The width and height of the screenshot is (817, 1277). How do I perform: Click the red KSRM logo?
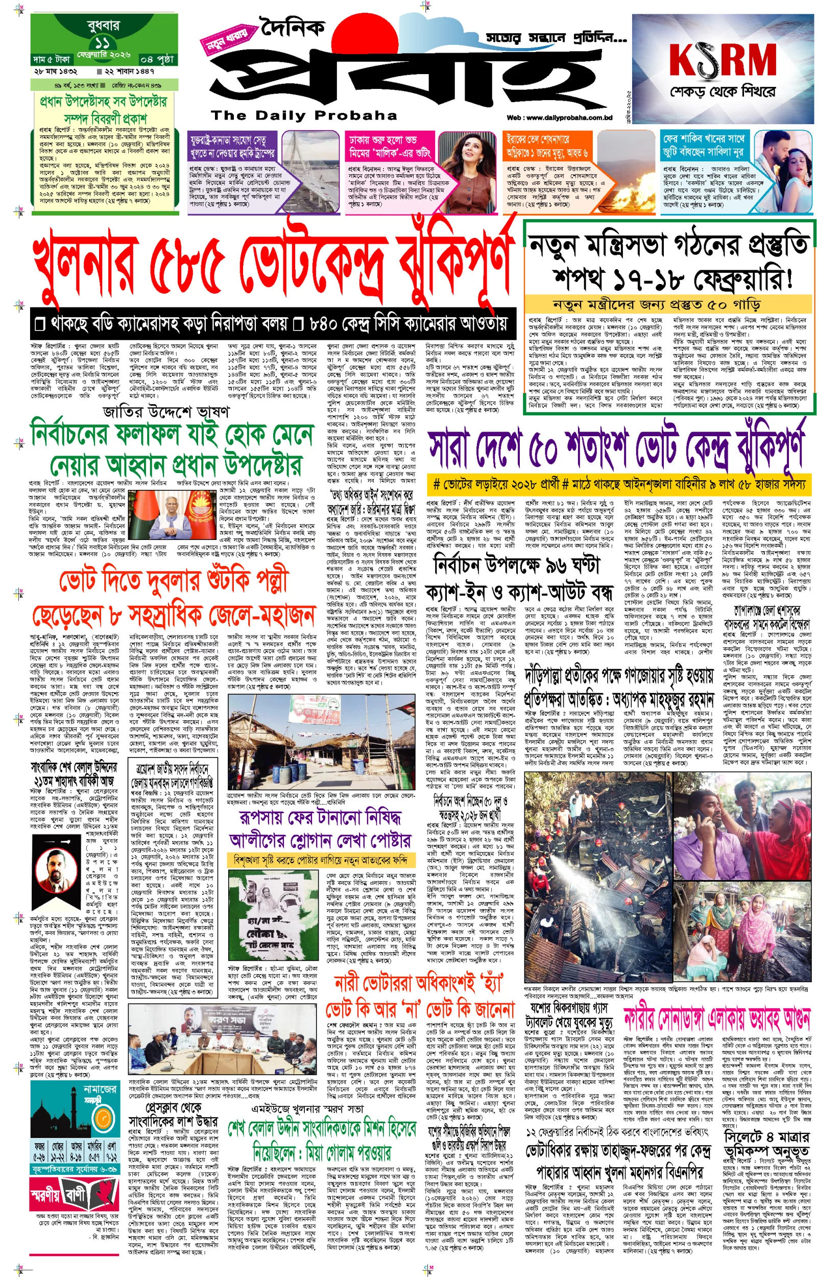[x=723, y=59]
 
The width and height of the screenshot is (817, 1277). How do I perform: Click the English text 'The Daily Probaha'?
[x=303, y=115]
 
